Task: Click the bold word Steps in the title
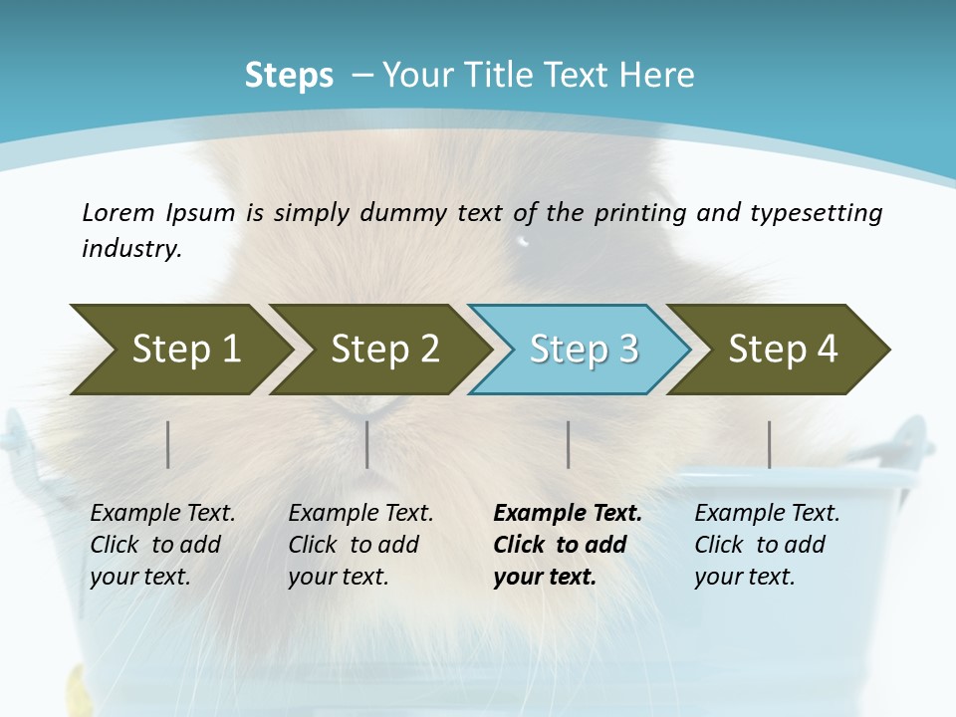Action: click(289, 75)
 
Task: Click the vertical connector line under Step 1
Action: click(168, 444)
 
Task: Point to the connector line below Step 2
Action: click(367, 444)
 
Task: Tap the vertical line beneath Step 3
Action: click(569, 444)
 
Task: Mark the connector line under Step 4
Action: click(769, 444)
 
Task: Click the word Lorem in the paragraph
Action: click(118, 212)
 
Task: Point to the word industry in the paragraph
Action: click(130, 248)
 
